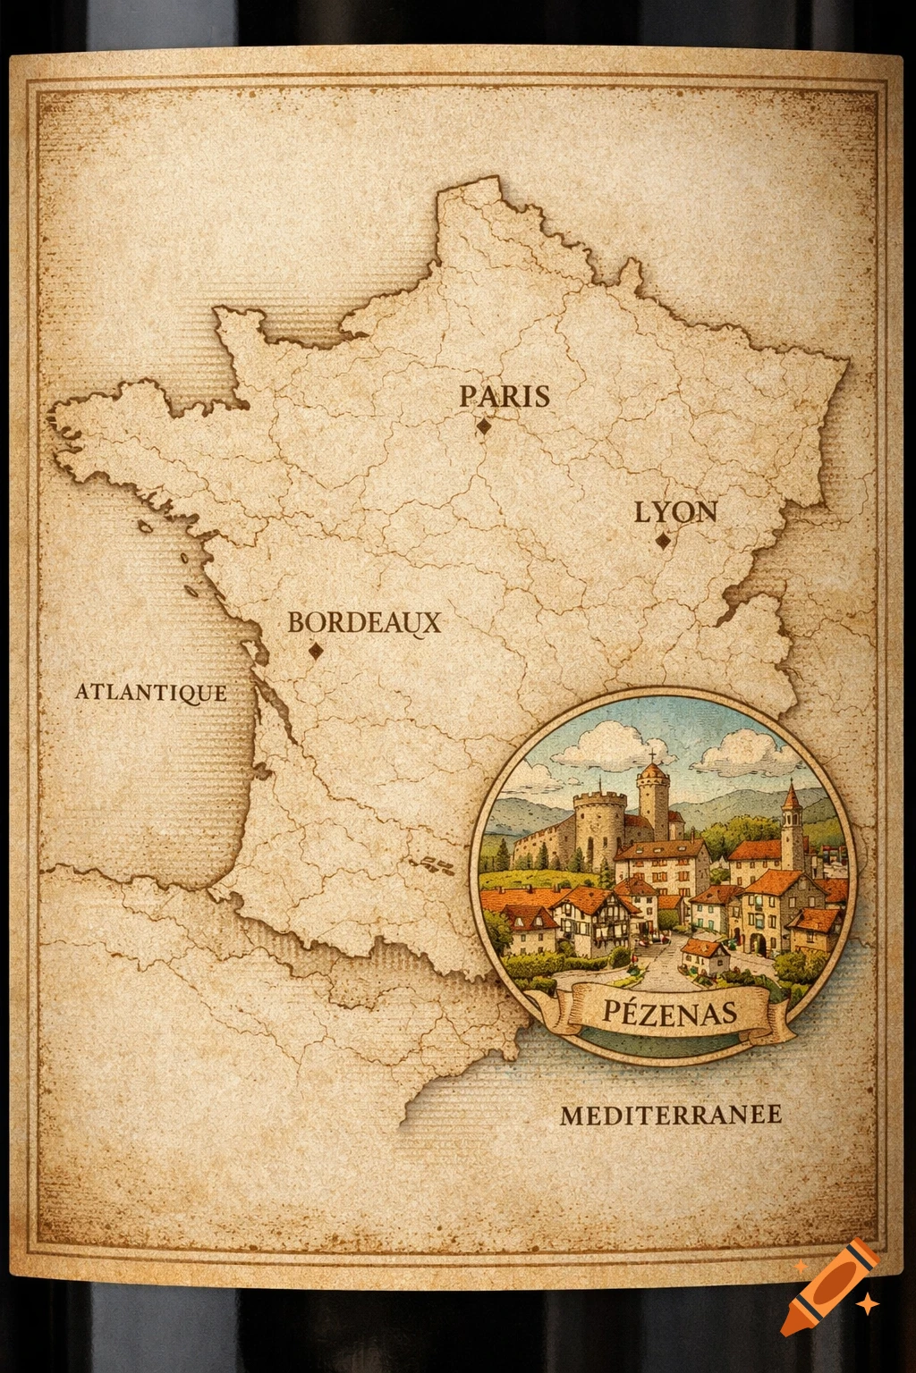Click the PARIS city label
505,396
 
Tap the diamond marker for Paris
483,427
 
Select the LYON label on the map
675,512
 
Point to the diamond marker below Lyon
663,541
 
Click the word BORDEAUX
364,622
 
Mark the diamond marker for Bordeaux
315,651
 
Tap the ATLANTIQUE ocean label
150,693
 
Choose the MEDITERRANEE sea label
670,1115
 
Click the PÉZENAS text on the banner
658,1012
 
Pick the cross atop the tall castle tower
652,742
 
